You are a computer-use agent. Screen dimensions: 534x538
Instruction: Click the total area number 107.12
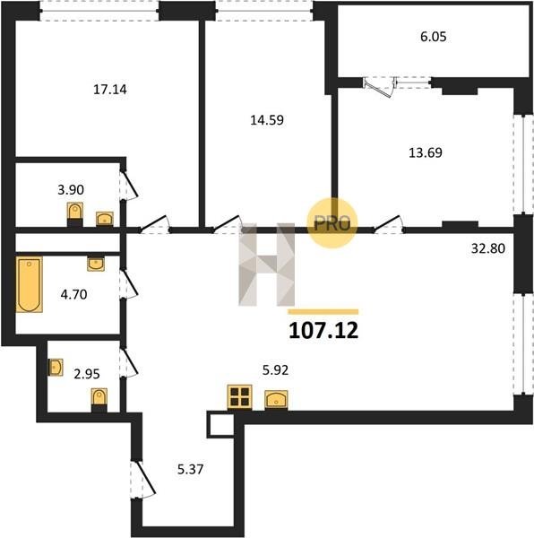pos(323,331)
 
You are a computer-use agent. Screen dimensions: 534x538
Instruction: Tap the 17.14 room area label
pos(110,90)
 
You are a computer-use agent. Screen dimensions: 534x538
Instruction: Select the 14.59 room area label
pos(267,120)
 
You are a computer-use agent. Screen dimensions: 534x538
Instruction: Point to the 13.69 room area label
pos(426,152)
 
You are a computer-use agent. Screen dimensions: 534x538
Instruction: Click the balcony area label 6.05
pos(434,37)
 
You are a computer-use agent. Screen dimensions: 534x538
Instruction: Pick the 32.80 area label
pos(488,248)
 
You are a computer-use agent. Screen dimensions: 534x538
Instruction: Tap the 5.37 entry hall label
pos(191,469)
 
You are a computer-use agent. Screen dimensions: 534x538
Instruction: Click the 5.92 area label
pos(275,370)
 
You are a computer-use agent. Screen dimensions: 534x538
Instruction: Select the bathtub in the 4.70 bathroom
pos(30,284)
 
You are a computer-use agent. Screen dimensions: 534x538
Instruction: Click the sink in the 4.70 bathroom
pos(96,264)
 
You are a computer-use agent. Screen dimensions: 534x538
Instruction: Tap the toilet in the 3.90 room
pos(74,214)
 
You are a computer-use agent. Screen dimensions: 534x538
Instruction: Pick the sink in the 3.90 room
pos(105,219)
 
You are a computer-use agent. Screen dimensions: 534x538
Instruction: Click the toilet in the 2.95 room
pos(99,400)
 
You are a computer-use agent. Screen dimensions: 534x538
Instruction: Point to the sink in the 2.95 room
pos(56,368)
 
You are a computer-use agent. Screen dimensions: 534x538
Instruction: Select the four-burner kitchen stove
pos(239,397)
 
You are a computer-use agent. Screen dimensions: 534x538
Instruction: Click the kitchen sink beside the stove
pos(276,400)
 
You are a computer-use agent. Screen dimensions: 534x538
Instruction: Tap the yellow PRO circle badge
pos(332,223)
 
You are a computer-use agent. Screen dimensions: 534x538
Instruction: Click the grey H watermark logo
pos(266,265)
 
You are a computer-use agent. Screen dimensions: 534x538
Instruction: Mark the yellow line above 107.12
pos(323,312)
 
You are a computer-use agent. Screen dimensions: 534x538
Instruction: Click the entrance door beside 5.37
pos(142,480)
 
